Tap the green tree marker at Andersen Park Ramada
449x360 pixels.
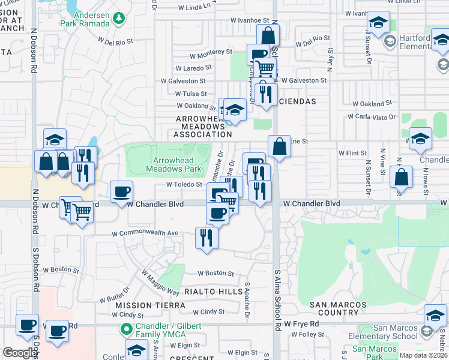(x=119, y=18)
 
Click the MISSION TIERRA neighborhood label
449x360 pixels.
(x=142, y=305)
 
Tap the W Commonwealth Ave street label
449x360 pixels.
(x=145, y=233)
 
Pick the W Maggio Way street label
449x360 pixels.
(x=160, y=283)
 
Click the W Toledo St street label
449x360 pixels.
(x=184, y=185)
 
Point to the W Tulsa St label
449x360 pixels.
(x=191, y=94)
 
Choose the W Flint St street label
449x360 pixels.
(x=352, y=154)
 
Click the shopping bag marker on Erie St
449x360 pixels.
(x=279, y=146)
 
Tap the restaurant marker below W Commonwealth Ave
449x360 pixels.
(x=206, y=237)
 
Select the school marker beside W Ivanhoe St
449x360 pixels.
(x=378, y=23)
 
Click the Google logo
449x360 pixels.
(x=20, y=353)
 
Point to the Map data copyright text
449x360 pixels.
(x=423, y=355)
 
